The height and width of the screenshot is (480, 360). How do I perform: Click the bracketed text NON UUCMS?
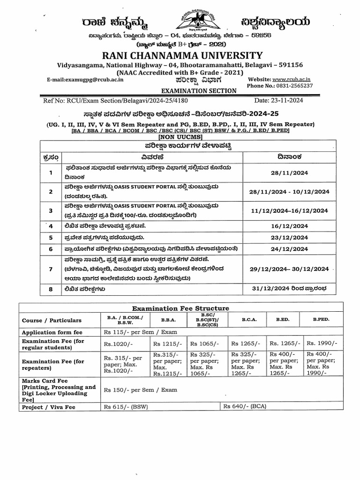click(180, 136)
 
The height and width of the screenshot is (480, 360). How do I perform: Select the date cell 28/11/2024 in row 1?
click(289, 173)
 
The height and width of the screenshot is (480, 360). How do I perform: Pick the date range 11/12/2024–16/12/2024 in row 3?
click(289, 211)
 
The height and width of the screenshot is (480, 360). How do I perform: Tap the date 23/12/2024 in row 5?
click(289, 237)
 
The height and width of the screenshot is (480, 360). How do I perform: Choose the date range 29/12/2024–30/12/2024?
click(289, 269)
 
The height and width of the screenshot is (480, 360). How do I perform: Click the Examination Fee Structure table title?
click(180, 308)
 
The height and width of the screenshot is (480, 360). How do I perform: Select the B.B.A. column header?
click(168, 320)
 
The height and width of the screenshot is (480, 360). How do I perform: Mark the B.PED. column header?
click(321, 319)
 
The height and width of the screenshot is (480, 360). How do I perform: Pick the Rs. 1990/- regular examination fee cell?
click(323, 344)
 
